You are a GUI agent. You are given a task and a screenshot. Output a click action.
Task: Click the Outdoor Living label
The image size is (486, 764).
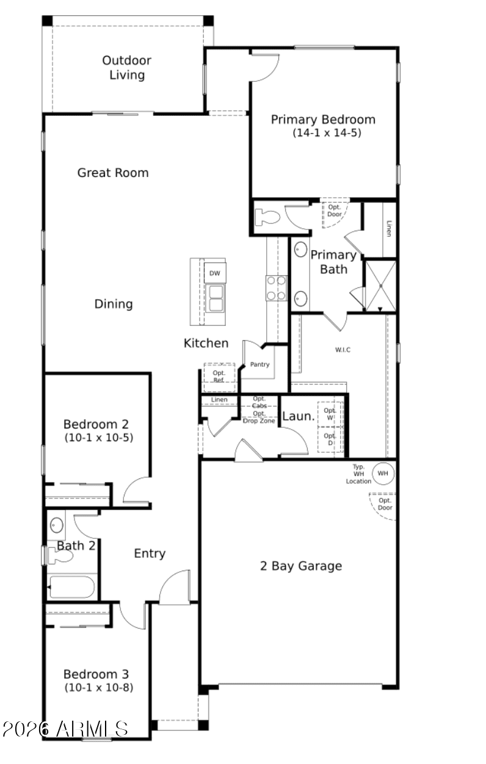126,68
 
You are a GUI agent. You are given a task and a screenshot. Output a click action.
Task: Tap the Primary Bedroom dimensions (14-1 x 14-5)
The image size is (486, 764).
327,132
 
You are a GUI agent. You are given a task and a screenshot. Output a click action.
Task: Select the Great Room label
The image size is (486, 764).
113,173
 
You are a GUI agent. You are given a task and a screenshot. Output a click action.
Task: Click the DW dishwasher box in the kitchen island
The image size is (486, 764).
215,273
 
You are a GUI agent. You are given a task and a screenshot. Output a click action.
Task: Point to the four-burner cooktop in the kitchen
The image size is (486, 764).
276,288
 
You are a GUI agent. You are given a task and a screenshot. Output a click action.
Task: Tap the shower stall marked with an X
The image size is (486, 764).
380,286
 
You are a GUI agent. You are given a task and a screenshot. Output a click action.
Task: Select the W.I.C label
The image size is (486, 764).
343,350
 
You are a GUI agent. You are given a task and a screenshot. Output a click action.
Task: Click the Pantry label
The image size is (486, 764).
259,364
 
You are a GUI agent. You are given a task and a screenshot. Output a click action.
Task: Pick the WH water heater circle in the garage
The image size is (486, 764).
383,473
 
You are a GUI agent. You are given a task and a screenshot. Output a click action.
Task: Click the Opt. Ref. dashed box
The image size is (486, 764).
219,377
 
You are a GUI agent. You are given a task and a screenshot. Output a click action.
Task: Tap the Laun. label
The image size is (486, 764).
298,416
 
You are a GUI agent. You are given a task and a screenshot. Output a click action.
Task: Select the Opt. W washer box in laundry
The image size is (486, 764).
330,414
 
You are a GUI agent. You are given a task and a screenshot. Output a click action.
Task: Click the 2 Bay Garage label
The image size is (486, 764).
301,566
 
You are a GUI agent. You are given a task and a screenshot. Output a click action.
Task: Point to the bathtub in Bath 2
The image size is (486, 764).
71,587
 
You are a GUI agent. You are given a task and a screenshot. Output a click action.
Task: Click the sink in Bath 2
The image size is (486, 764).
57,525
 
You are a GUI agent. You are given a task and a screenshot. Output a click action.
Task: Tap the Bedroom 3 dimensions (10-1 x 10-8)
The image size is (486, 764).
99,687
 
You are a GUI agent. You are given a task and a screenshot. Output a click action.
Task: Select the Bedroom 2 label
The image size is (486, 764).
96,424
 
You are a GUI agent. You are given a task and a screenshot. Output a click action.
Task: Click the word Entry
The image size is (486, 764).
150,553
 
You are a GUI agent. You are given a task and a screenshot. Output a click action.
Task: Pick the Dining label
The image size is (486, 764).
114,303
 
